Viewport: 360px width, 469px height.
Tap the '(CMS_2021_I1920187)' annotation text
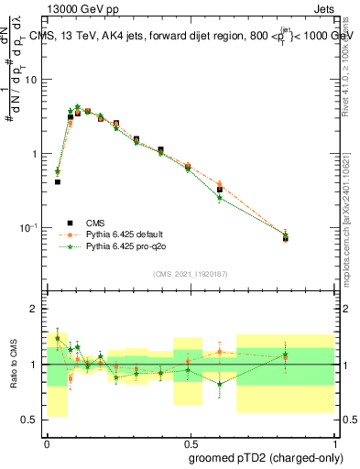190,274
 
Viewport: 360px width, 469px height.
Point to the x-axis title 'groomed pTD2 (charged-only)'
265,457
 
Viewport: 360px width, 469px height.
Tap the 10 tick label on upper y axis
31,80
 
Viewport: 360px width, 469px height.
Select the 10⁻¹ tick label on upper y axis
29,227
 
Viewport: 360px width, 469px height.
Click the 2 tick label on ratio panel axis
34,310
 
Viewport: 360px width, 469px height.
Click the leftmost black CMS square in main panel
58,181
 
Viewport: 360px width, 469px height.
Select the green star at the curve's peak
78,106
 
